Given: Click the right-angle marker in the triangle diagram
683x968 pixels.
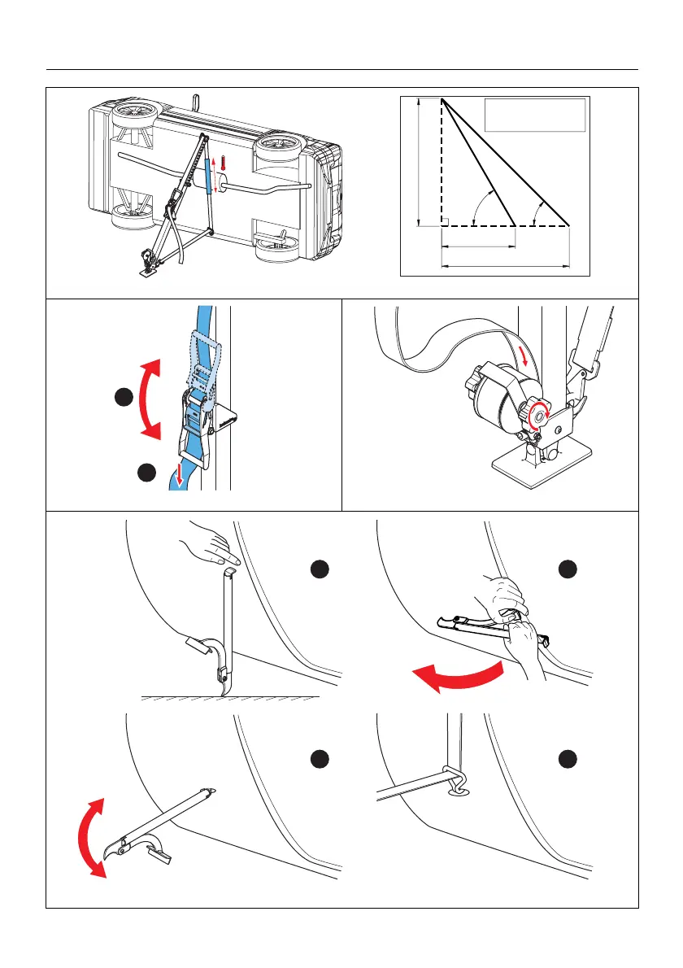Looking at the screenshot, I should tap(446, 221).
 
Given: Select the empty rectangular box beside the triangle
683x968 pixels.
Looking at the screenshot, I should tap(535, 115).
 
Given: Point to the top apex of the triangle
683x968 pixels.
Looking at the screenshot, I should tap(442, 100).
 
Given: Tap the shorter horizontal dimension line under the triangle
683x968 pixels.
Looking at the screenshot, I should tap(478, 246).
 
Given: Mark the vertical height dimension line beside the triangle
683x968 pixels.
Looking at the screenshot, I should tap(417, 163).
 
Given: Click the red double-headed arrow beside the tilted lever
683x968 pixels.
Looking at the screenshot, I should tap(90, 838).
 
